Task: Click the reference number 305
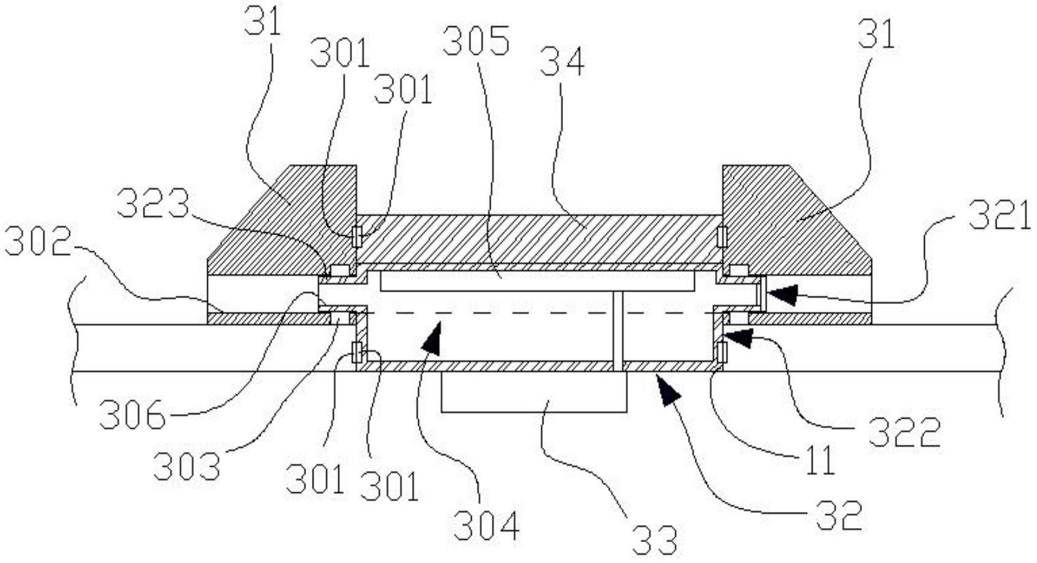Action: (x=476, y=42)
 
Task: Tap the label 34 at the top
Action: (x=562, y=63)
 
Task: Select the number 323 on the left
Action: (x=153, y=204)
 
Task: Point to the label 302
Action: (x=36, y=243)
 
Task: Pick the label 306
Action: (x=132, y=416)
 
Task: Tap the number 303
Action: (x=186, y=467)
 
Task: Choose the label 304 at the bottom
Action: (x=486, y=525)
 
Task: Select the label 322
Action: (x=905, y=433)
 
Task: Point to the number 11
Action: (x=819, y=461)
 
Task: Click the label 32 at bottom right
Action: (x=839, y=515)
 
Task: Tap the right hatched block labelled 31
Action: (x=791, y=221)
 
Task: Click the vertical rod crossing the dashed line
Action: (x=618, y=331)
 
